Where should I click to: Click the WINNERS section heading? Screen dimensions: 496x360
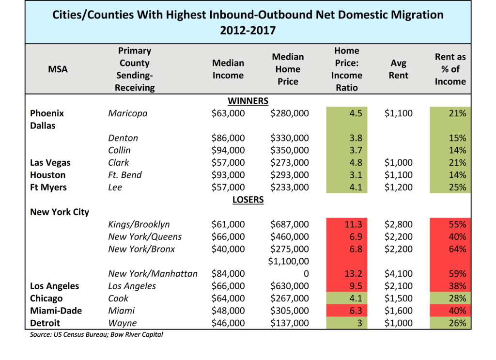click(x=248, y=101)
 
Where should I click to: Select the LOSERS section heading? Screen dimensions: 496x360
click(x=248, y=200)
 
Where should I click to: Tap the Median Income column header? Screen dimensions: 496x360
click(x=228, y=69)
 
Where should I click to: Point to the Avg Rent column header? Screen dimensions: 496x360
click(x=399, y=69)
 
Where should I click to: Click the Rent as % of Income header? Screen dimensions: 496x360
click(x=450, y=69)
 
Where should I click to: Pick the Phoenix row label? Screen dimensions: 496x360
click(x=47, y=113)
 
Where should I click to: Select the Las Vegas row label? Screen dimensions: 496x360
click(x=50, y=163)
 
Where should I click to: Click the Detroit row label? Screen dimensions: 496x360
click(x=45, y=323)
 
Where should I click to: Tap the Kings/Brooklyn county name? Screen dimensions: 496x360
click(x=139, y=224)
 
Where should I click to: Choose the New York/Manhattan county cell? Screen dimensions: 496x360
click(x=153, y=274)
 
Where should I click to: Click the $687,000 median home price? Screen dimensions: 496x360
click(x=290, y=224)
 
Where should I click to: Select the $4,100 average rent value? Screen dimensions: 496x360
click(x=399, y=274)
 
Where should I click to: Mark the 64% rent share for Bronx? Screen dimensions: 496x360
click(x=457, y=249)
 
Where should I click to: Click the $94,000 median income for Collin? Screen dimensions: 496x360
click(x=228, y=150)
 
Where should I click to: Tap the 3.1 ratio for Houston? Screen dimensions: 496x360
click(x=356, y=175)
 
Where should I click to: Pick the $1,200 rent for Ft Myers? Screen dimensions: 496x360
click(x=399, y=188)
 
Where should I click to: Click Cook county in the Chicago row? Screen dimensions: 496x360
click(x=118, y=298)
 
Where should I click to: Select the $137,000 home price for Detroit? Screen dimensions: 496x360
click(x=290, y=323)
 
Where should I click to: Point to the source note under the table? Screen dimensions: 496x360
click(x=96, y=334)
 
